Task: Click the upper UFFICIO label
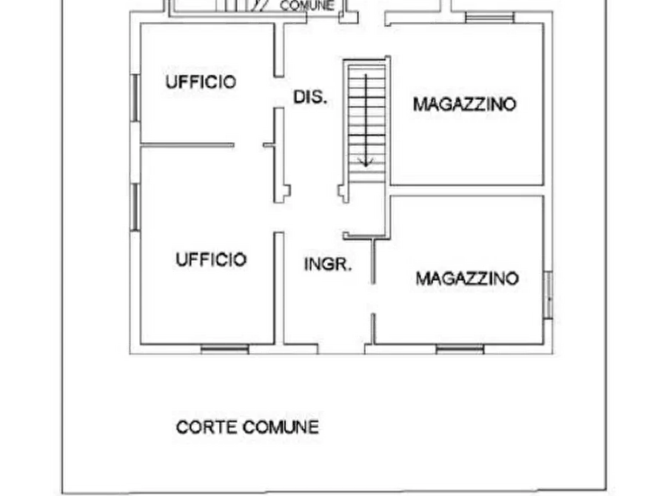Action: (201, 82)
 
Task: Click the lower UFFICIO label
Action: (211, 259)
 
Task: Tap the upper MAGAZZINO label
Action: (465, 104)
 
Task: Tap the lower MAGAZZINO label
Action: (467, 278)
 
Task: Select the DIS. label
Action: (310, 97)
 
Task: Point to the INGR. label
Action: (328, 264)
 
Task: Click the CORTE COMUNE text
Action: (247, 427)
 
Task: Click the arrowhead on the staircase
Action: (366, 162)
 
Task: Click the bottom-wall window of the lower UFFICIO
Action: (225, 349)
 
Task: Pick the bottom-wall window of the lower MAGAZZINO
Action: (460, 349)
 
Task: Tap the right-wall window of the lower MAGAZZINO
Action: (548, 295)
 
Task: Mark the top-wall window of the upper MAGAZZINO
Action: (489, 17)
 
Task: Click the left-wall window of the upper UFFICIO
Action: (135, 98)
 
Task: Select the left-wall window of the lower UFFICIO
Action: (135, 207)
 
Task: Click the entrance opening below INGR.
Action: (341, 349)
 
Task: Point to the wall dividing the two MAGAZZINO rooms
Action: (467, 191)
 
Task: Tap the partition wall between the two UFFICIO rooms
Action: (187, 145)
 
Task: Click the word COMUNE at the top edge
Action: (307, 6)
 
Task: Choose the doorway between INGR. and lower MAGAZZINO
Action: (373, 298)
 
